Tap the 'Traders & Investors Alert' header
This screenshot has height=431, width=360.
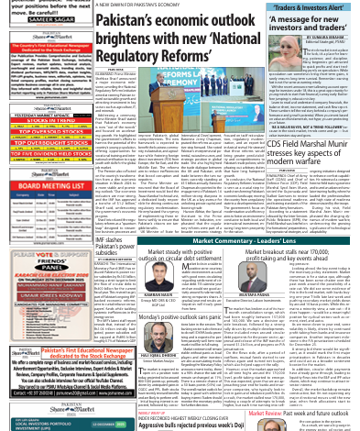pyautogui.click(x=311, y=7)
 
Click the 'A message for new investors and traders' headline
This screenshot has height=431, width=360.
pyautogui.click(x=311, y=23)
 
